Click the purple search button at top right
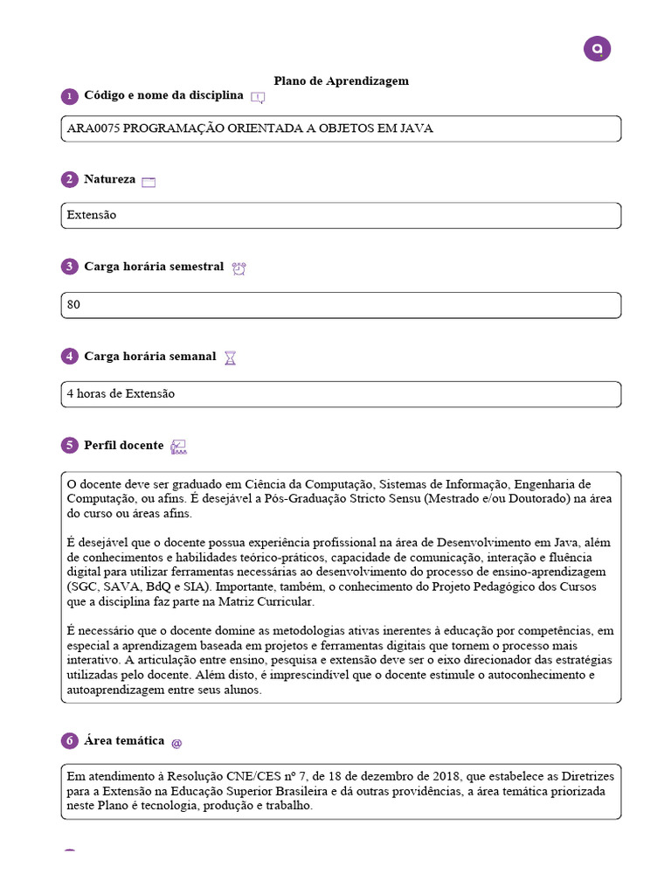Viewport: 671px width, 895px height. (x=597, y=49)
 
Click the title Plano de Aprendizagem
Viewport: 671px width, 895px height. (x=341, y=80)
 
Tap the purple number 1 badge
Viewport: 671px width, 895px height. (x=69, y=96)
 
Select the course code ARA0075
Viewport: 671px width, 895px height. (x=93, y=128)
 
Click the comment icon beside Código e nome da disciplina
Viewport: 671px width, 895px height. (x=257, y=97)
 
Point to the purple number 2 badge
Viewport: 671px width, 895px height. (x=69, y=180)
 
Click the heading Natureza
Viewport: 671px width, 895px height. (x=109, y=179)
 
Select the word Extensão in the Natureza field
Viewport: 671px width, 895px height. (x=92, y=215)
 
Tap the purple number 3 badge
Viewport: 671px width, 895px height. (x=69, y=267)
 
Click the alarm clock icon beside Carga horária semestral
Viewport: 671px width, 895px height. (x=239, y=268)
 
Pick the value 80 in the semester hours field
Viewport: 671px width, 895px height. (x=73, y=305)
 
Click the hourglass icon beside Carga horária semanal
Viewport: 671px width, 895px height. (x=230, y=357)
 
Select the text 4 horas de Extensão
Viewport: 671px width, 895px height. (x=121, y=394)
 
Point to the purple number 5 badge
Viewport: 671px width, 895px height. (x=69, y=446)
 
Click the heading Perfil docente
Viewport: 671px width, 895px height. (x=123, y=445)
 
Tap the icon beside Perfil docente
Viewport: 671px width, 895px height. (x=178, y=447)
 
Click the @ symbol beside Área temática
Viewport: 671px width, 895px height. (x=176, y=742)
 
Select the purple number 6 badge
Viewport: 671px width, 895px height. (x=69, y=741)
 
